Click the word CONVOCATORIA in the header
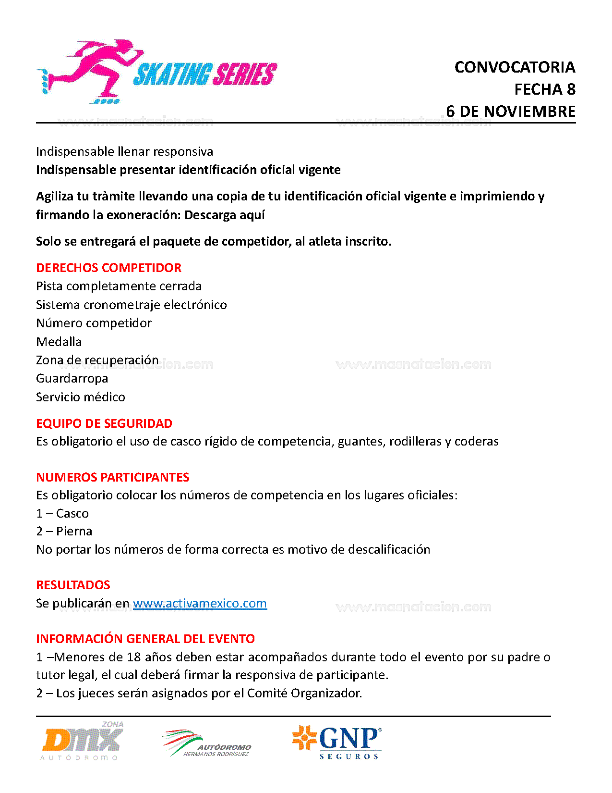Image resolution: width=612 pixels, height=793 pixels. coord(515,67)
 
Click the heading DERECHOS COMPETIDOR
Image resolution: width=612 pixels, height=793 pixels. coord(109,268)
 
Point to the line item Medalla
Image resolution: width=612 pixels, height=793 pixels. coord(59,342)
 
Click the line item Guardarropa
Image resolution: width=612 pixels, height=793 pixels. coord(72,378)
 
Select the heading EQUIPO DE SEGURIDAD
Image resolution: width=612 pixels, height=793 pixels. coord(104,423)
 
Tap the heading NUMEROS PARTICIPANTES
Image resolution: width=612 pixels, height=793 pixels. coord(113,477)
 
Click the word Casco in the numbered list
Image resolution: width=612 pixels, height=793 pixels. coord(72,513)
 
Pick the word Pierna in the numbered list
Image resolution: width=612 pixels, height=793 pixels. coord(74,531)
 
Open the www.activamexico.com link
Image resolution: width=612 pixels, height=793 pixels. coord(200,603)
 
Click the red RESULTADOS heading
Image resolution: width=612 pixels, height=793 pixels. coord(73,585)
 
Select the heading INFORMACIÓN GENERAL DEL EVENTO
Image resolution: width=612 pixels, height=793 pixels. coord(145,639)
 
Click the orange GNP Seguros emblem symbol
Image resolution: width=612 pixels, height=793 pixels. coord(304,738)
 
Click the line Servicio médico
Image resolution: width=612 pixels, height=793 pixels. coord(81,397)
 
